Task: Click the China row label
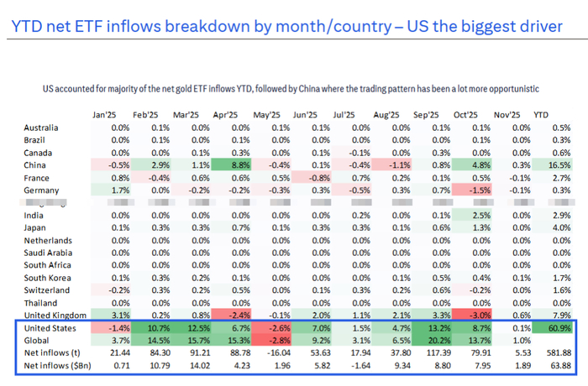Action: [x=35, y=166]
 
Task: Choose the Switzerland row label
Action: [x=47, y=289]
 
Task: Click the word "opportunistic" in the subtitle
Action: [x=510, y=88]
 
